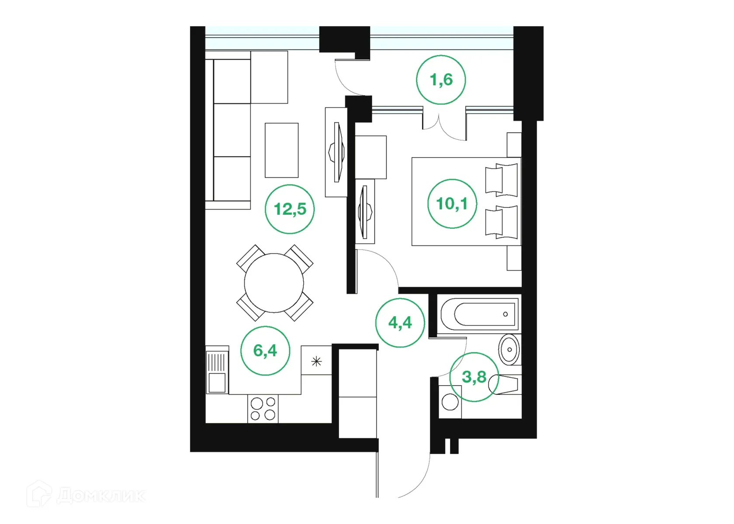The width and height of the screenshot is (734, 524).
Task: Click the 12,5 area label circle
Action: pyautogui.click(x=290, y=209)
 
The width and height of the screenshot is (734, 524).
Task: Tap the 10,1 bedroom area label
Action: pyautogui.click(x=452, y=203)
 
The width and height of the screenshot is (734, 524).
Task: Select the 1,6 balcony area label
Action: pyautogui.click(x=441, y=80)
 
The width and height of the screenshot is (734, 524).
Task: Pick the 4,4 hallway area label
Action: pyautogui.click(x=400, y=323)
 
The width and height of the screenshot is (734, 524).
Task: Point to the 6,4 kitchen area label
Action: pyautogui.click(x=265, y=351)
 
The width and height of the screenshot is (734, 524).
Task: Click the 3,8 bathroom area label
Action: pyautogui.click(x=474, y=377)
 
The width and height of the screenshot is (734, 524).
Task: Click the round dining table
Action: pyautogui.click(x=274, y=283)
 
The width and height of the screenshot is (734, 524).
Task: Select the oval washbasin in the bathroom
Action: pyautogui.click(x=509, y=349)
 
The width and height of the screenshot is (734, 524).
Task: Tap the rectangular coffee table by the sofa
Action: pyautogui.click(x=281, y=150)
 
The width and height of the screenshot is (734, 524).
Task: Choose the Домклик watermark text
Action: pyautogui.click(x=100, y=496)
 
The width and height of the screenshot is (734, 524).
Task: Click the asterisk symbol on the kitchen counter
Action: pyautogui.click(x=316, y=361)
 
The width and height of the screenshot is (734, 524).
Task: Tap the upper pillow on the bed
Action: pyautogui.click(x=502, y=178)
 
